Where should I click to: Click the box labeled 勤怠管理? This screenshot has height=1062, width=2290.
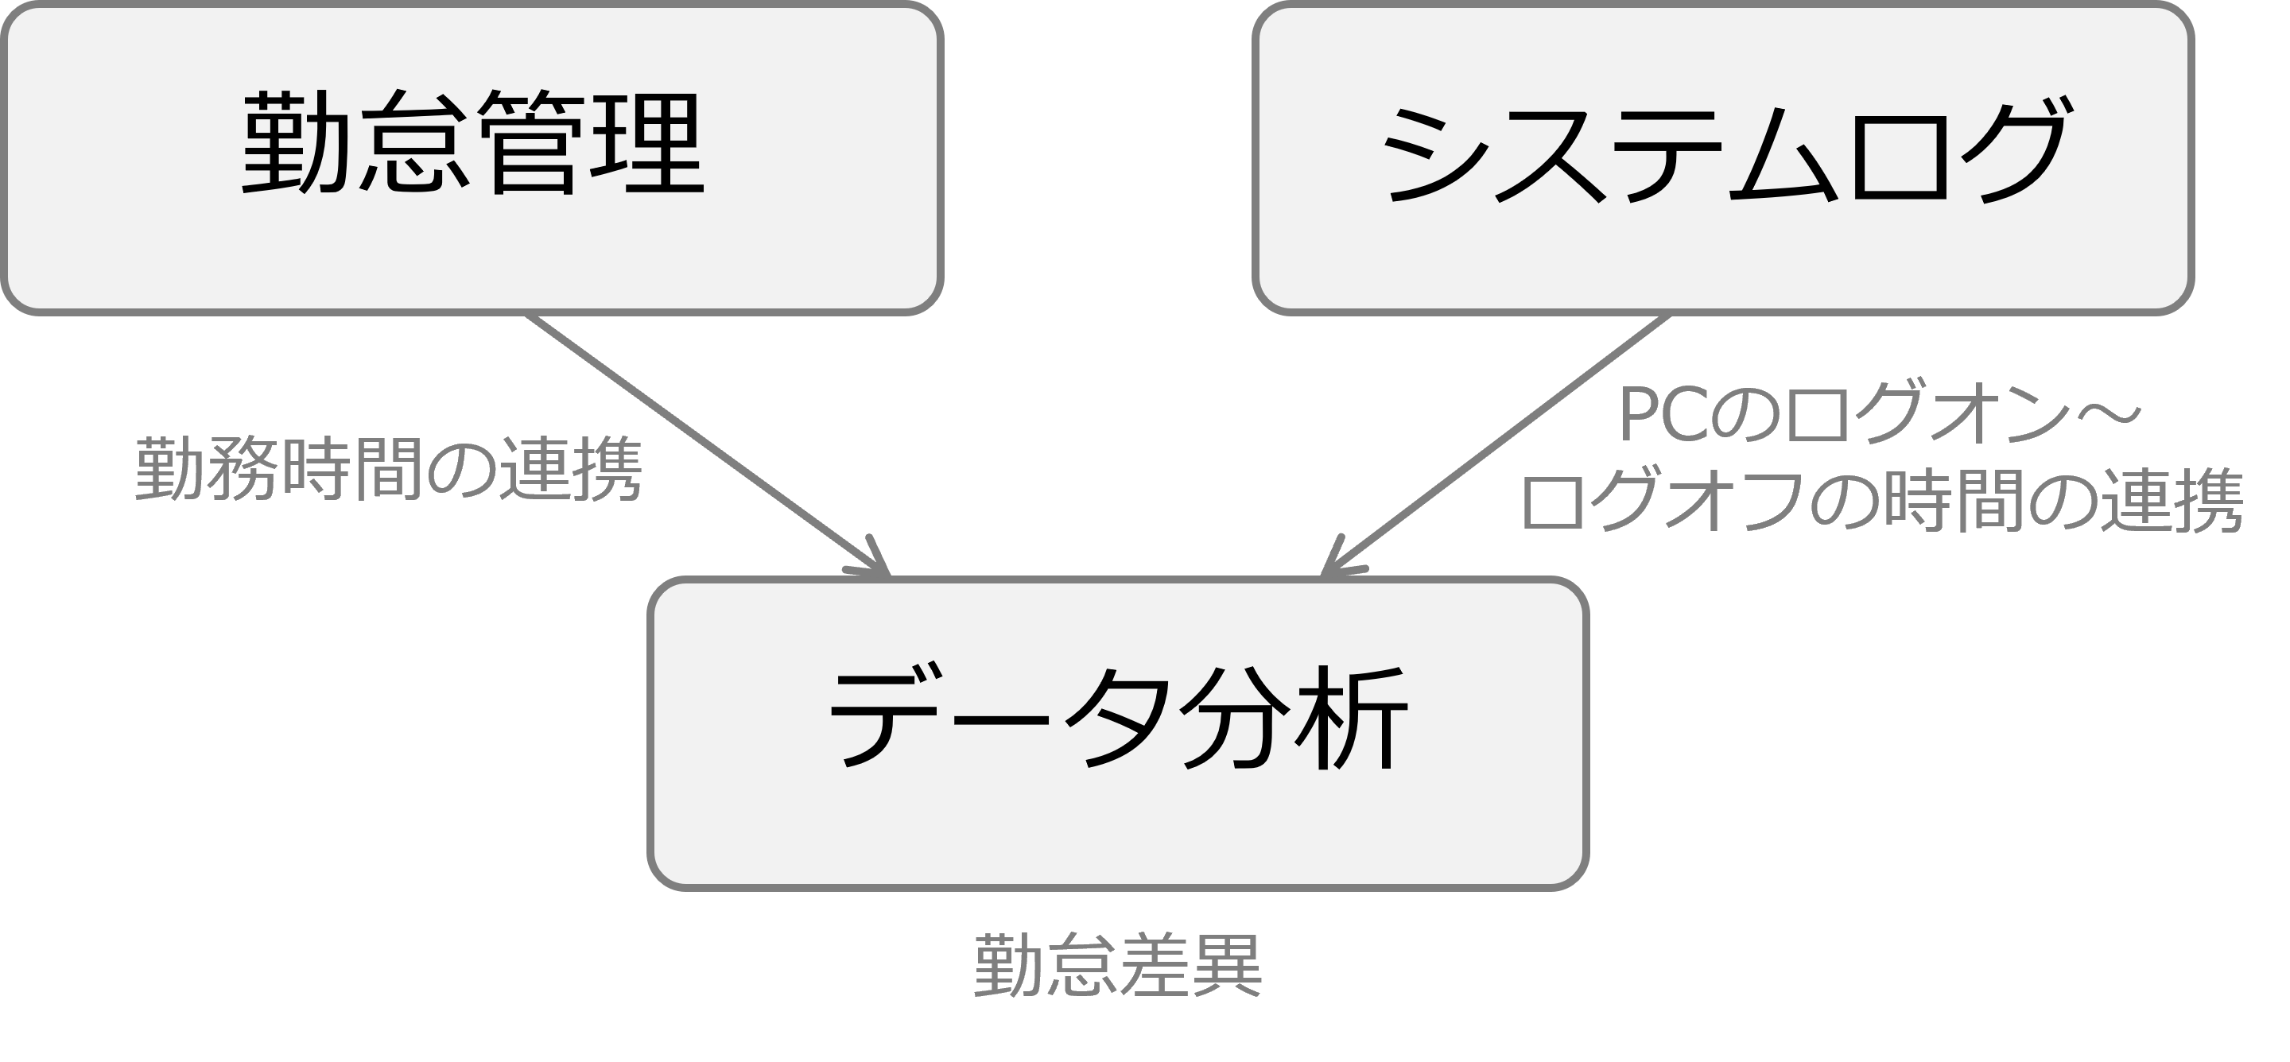point(472,158)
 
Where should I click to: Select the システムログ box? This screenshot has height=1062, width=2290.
point(1723,158)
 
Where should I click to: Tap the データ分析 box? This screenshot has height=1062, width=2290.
point(1118,734)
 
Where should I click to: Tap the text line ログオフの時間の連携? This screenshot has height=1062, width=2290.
point(1883,500)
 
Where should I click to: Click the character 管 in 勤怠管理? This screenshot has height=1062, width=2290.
point(530,142)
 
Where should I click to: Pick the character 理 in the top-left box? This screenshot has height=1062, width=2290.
point(648,142)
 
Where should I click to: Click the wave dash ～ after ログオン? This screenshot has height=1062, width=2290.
point(2111,414)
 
